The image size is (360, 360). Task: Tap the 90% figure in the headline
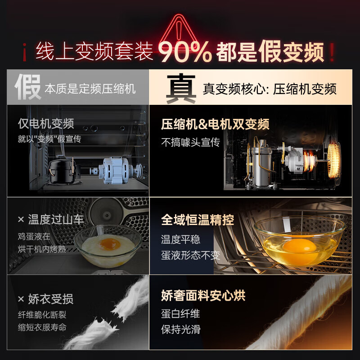click(184, 52)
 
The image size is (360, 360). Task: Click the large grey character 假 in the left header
click(28, 87)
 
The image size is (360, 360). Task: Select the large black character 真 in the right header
click(181, 88)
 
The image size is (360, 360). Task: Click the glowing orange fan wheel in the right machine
click(334, 160)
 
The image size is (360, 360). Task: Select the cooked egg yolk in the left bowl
click(110, 244)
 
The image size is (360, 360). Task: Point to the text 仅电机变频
click(46, 124)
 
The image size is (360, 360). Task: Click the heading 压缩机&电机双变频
click(215, 124)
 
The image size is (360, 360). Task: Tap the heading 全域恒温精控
click(198, 220)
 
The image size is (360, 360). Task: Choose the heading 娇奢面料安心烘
click(203, 295)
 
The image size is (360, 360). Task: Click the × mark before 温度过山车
click(21, 219)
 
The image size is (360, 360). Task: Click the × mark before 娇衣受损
click(21, 299)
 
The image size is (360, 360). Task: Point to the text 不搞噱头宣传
click(190, 142)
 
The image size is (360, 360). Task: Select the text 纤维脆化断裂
click(42, 315)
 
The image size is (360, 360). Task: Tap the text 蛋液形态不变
click(190, 255)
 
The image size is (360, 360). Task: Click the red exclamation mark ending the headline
click(332, 52)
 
